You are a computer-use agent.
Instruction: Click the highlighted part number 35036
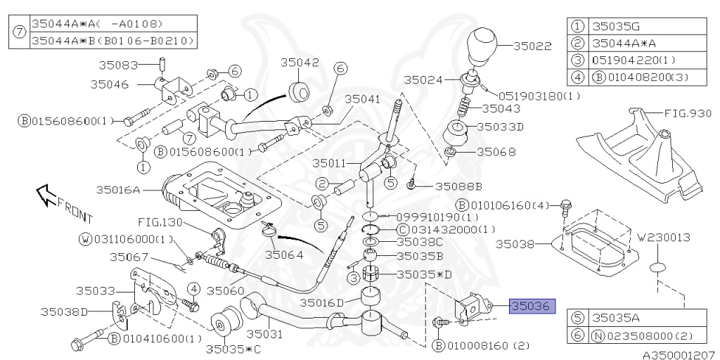532,306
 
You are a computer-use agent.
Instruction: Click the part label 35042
300,63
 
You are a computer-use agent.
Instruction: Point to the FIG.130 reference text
160,221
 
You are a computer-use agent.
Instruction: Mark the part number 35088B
458,186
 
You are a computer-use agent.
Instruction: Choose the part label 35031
264,333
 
